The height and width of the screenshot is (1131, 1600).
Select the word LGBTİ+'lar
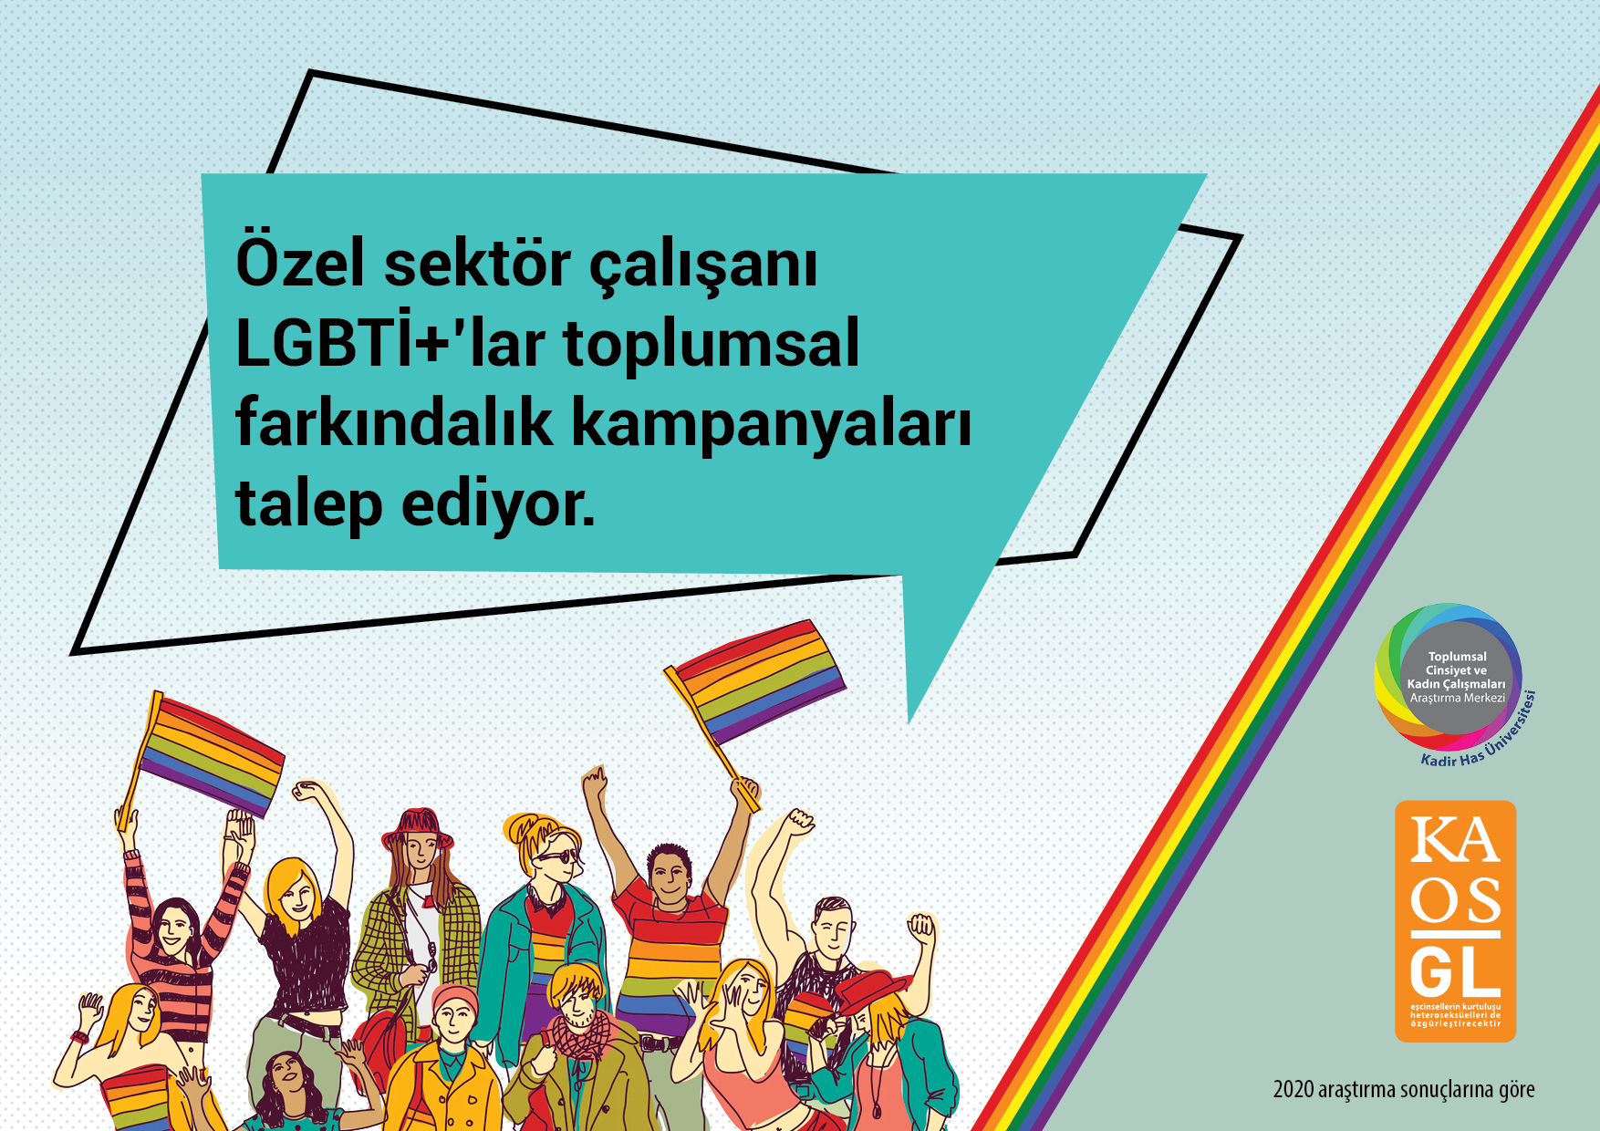390,345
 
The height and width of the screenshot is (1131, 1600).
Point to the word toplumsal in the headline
712,345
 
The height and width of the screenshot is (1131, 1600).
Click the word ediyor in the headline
497,505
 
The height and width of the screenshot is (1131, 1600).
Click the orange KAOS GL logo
1455,921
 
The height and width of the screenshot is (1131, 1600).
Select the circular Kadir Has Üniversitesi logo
1450,680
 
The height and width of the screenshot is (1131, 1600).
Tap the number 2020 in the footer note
1293,1090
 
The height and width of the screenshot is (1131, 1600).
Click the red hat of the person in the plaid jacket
418,825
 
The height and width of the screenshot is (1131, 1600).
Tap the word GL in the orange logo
1455,974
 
